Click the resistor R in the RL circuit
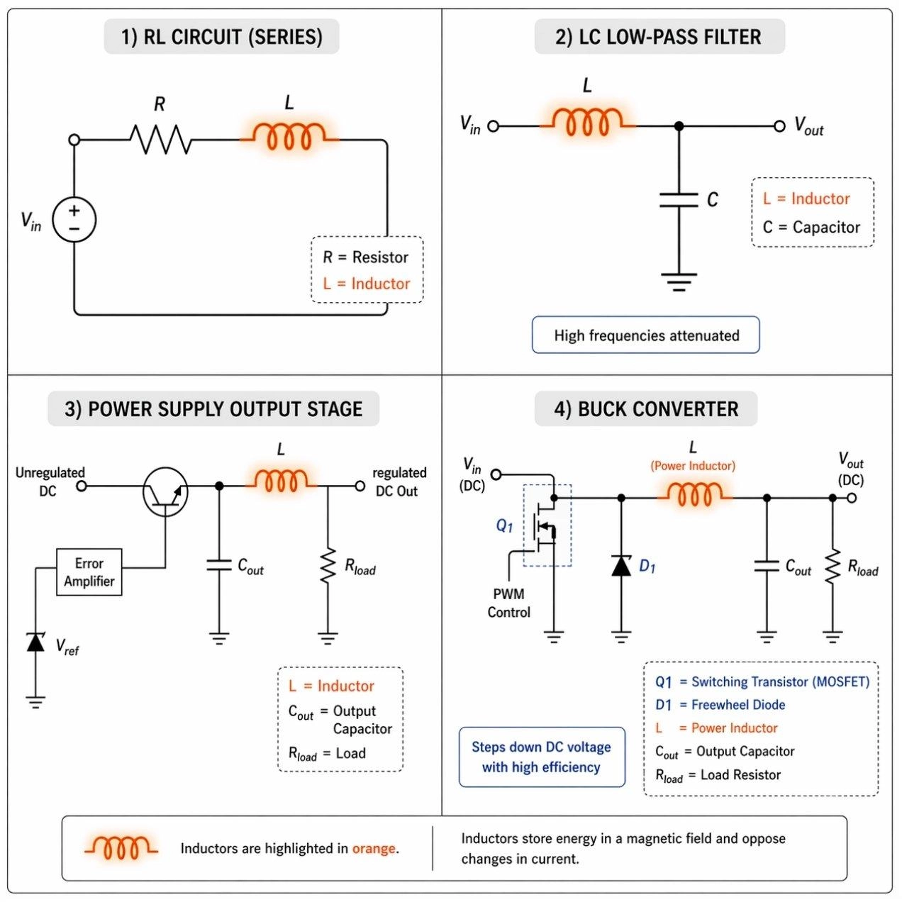click(161, 139)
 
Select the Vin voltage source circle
click(74, 219)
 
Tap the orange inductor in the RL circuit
click(289, 136)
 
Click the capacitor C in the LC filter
click(679, 200)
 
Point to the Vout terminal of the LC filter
click(779, 126)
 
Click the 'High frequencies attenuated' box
click(645, 335)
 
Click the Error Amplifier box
click(89, 572)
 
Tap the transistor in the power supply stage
click(165, 491)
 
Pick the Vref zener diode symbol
click(35, 642)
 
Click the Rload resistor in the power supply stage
click(328, 566)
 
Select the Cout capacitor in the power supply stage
click(219, 565)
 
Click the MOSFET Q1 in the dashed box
click(547, 526)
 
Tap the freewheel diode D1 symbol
click(621, 566)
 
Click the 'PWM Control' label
click(508, 603)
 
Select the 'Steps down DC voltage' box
click(542, 757)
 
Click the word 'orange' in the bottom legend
click(374, 848)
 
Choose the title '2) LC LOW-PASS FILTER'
click(659, 37)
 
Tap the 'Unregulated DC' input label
click(50, 481)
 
